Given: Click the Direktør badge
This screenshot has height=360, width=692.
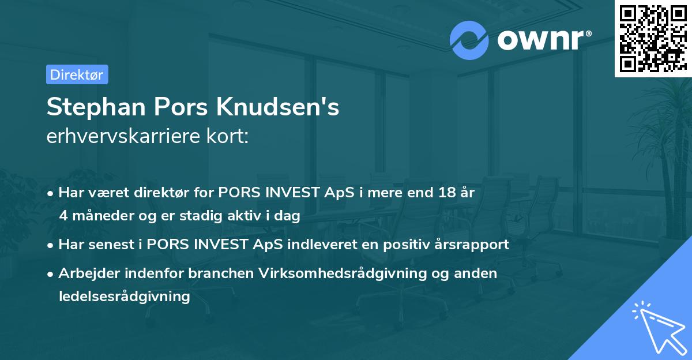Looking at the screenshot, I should [77, 74].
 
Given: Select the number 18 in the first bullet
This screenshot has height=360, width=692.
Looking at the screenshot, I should [448, 193].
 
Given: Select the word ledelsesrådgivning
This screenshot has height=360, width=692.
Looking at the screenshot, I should [124, 297].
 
